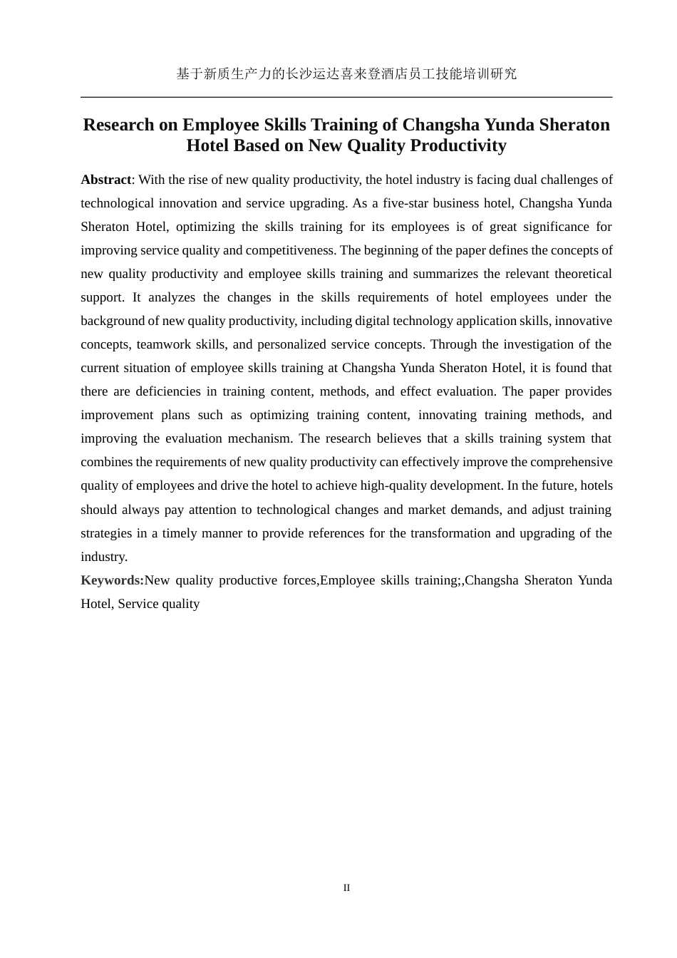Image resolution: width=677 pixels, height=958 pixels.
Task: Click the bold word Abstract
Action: pyautogui.click(x=105, y=180)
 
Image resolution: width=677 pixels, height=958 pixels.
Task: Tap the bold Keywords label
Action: pyautogui.click(x=112, y=580)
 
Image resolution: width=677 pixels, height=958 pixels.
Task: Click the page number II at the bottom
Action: pyautogui.click(x=346, y=887)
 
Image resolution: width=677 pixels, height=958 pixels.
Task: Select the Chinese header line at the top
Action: pyautogui.click(x=346, y=73)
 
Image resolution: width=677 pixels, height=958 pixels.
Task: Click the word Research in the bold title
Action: pyautogui.click(x=118, y=125)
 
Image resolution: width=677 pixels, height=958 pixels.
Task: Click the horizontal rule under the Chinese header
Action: pyautogui.click(x=346, y=97)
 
